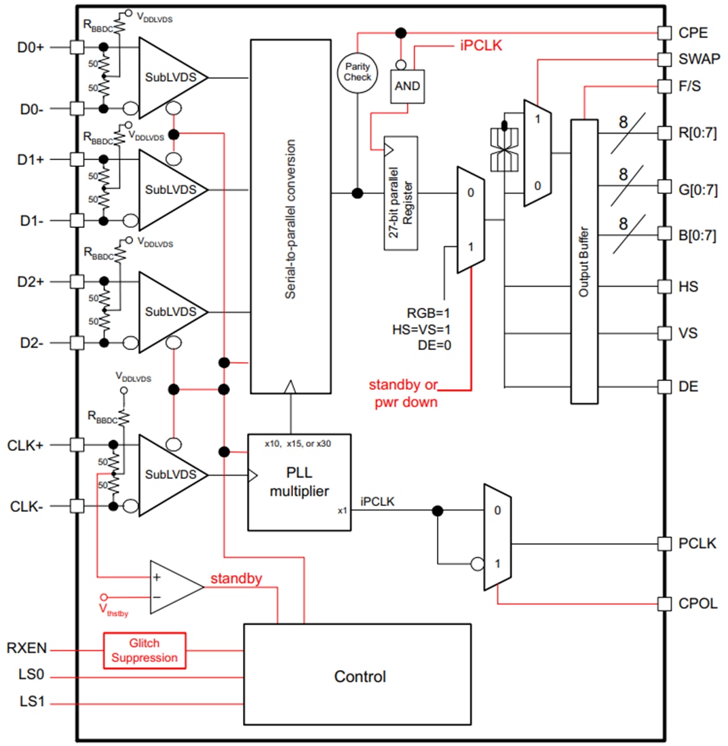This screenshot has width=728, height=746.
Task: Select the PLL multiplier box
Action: click(299, 482)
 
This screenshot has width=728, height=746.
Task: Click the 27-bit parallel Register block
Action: click(400, 193)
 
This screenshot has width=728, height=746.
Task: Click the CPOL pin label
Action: click(697, 603)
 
